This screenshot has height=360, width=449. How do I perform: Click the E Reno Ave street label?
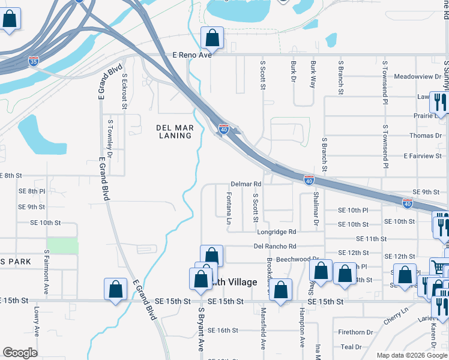click(192, 55)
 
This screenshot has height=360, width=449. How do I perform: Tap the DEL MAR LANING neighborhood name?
click(173, 131)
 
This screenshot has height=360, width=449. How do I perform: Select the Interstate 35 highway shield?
click(34, 61)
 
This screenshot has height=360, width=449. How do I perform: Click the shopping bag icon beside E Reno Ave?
click(211, 38)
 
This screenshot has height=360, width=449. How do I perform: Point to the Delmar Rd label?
click(246, 184)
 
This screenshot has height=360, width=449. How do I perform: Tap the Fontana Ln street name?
click(229, 208)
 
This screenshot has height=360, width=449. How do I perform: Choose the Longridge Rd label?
click(276, 232)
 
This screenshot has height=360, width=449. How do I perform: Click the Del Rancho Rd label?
click(275, 246)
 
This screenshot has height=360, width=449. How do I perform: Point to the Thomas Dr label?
click(425, 136)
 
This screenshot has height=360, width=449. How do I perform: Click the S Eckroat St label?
click(124, 94)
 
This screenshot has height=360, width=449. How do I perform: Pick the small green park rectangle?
click(62, 245)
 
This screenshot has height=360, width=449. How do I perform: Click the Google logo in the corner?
click(20, 353)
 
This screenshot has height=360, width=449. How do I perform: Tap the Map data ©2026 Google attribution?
click(411, 355)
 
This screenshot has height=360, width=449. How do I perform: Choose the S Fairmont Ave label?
click(46, 272)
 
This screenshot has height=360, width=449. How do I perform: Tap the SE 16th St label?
click(223, 330)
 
